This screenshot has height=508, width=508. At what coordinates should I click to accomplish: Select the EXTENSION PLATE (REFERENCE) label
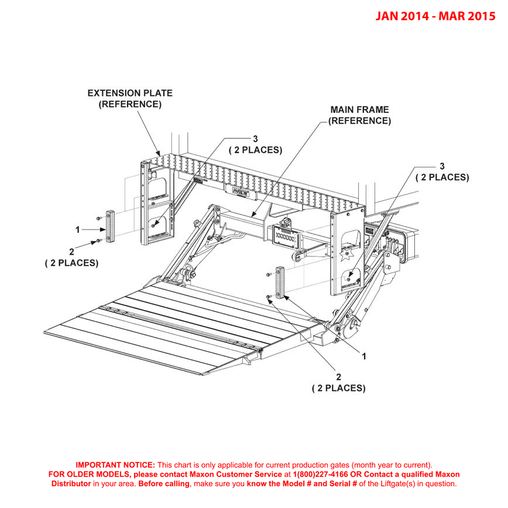click(x=129, y=99)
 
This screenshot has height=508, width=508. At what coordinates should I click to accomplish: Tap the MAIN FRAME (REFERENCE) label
click(x=359, y=115)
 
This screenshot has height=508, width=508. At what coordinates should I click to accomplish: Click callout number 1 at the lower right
click(x=364, y=355)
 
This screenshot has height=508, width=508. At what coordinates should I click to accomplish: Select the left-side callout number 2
click(x=71, y=251)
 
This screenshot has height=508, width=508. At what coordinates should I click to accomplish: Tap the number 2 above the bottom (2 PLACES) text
click(x=338, y=376)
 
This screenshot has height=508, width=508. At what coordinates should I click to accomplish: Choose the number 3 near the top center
click(x=255, y=139)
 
